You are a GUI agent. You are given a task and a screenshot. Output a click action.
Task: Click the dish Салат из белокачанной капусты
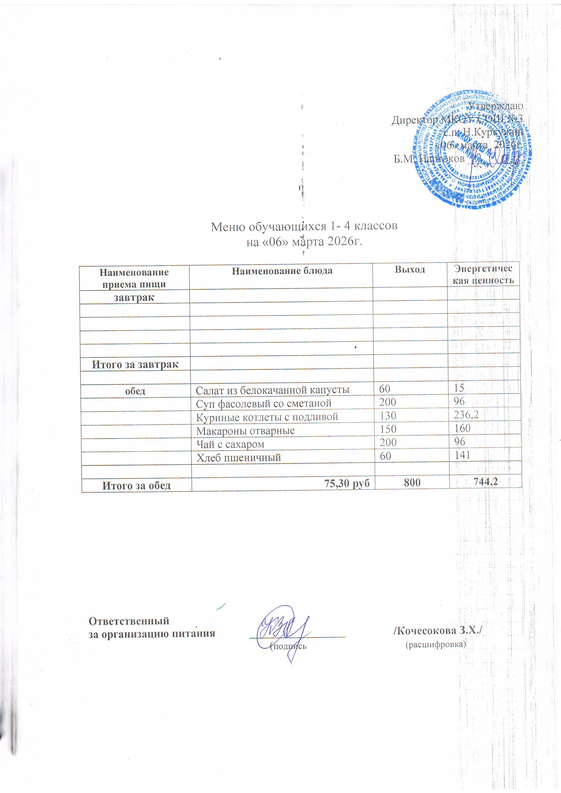[273, 390]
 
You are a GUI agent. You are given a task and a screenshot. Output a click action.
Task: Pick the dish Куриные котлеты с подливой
[267, 417]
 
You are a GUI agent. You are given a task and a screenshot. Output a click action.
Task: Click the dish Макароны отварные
[245, 431]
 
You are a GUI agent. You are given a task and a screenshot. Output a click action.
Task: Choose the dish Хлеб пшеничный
[238, 458]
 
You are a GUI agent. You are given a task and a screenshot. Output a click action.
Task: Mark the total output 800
[412, 483]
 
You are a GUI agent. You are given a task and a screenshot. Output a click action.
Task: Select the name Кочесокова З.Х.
[438, 631]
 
